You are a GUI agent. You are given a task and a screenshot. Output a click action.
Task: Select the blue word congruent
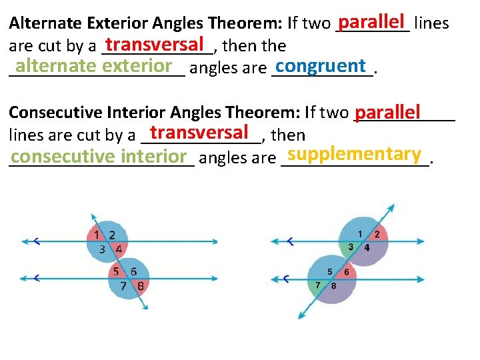(x=320, y=66)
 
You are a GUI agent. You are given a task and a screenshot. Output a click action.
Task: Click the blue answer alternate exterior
(x=94, y=66)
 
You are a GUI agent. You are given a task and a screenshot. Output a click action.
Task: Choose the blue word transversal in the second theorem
(x=200, y=131)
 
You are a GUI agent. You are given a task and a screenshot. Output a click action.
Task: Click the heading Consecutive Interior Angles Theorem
(x=154, y=112)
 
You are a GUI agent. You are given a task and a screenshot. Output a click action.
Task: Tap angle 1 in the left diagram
(x=97, y=235)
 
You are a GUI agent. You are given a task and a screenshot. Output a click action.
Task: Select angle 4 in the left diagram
(x=118, y=249)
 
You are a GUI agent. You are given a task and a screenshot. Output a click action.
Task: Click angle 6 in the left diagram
(x=133, y=272)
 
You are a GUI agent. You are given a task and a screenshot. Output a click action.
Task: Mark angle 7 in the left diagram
(x=123, y=285)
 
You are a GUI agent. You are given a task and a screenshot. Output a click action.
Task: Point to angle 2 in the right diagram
(x=377, y=234)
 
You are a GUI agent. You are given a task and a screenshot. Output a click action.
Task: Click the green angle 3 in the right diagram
(x=351, y=247)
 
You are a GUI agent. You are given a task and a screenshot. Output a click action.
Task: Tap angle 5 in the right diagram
(x=329, y=272)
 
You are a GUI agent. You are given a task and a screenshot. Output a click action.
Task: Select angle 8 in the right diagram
(x=333, y=285)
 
